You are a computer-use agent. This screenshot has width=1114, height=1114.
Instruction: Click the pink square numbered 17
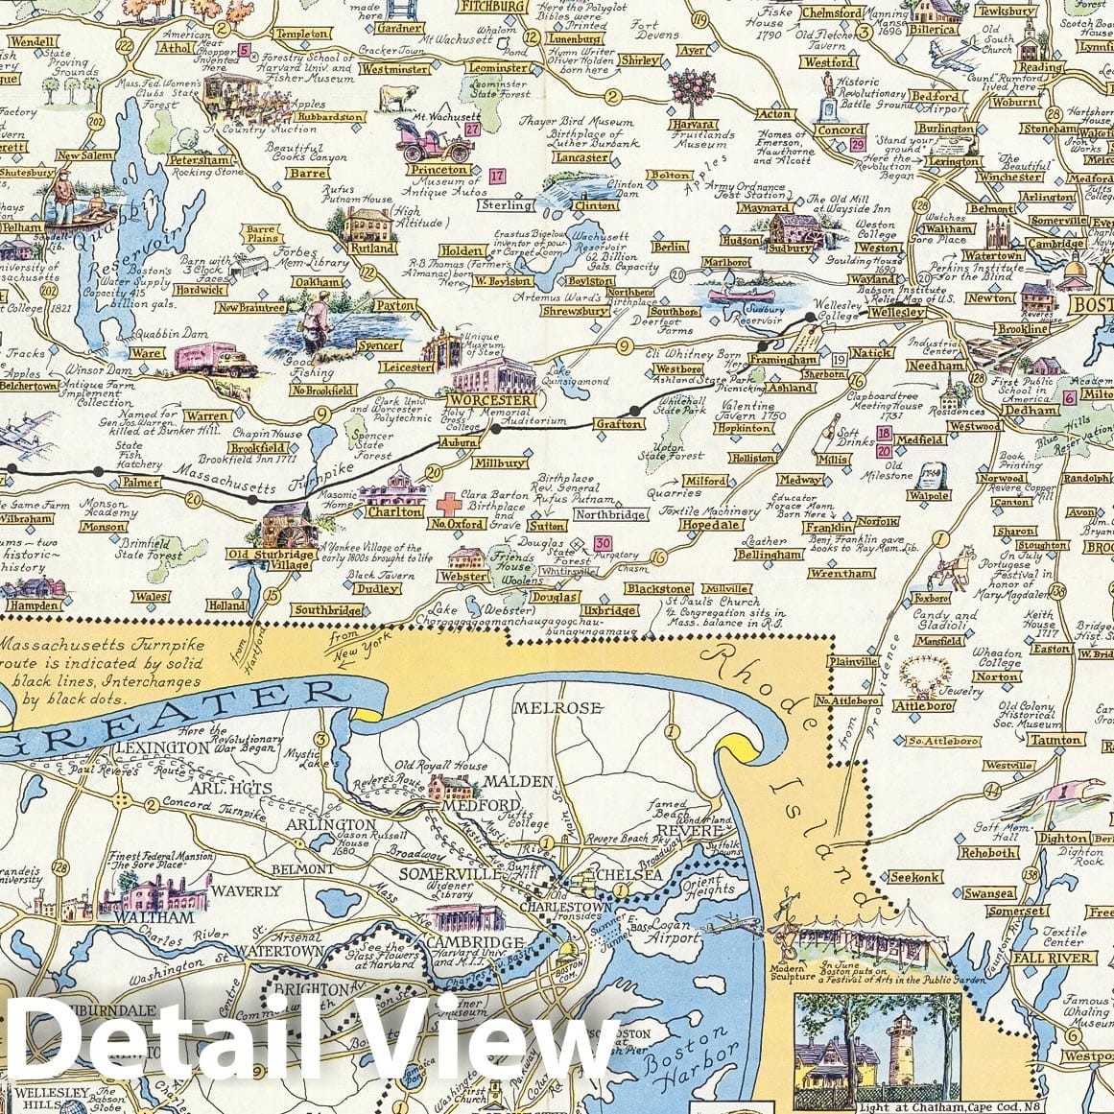tap(496, 176)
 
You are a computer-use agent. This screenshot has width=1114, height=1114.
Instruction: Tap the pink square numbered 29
tap(857, 145)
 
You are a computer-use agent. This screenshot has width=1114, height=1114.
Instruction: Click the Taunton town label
tap(1059, 740)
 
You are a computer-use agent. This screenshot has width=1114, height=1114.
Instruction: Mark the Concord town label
tap(841, 130)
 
